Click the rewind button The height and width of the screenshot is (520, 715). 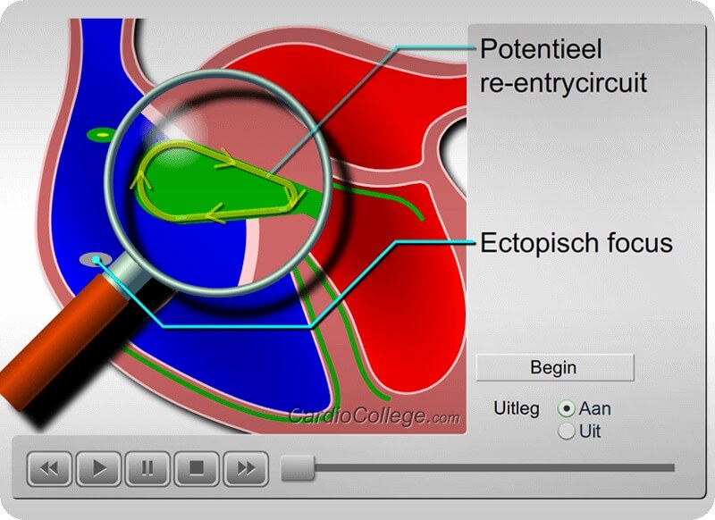49,468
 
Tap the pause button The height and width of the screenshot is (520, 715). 147,468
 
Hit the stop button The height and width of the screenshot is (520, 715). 197,468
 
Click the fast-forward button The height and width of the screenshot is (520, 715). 246,468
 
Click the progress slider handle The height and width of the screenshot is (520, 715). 298,467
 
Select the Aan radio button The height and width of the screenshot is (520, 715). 567,409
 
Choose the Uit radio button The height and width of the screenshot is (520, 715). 567,432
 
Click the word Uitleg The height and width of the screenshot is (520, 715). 517,408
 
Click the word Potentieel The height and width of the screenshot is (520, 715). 542,49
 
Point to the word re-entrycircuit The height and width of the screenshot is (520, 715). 564,83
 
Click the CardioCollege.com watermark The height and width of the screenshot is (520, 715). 374,415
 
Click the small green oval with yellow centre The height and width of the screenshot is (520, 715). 101,135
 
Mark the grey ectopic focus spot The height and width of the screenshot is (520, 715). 96,260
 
